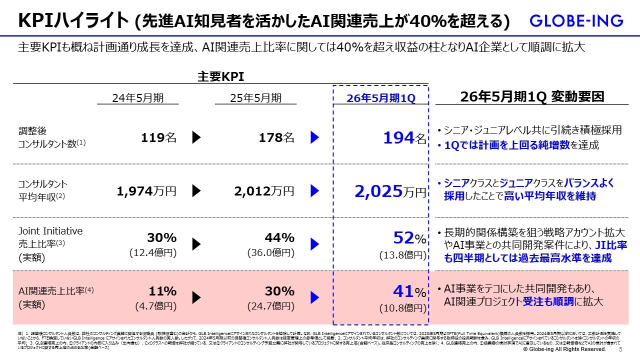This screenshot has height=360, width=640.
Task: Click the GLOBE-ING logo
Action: tap(576, 21)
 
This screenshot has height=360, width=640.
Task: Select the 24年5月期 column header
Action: tap(138, 98)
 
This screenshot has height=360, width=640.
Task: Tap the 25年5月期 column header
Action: tap(255, 98)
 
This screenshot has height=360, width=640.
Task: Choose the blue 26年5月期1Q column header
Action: tap(381, 98)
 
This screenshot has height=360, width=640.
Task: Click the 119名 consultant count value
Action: tap(158, 137)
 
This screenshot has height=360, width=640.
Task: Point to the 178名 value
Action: tap(276, 137)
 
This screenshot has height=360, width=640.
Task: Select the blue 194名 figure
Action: tap(405, 138)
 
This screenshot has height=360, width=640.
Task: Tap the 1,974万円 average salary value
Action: tap(146, 190)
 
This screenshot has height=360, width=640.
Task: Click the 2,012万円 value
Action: tap(264, 190)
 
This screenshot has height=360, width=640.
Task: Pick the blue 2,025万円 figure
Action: tap(390, 190)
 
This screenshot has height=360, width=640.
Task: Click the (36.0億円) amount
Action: tap(270, 253)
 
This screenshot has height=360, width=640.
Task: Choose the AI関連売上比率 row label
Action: tap(52, 290)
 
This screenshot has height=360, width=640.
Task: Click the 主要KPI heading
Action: tap(220, 76)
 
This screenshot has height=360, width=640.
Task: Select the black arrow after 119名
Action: tap(196, 137)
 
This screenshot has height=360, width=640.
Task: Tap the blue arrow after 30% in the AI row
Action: tap(314, 297)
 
